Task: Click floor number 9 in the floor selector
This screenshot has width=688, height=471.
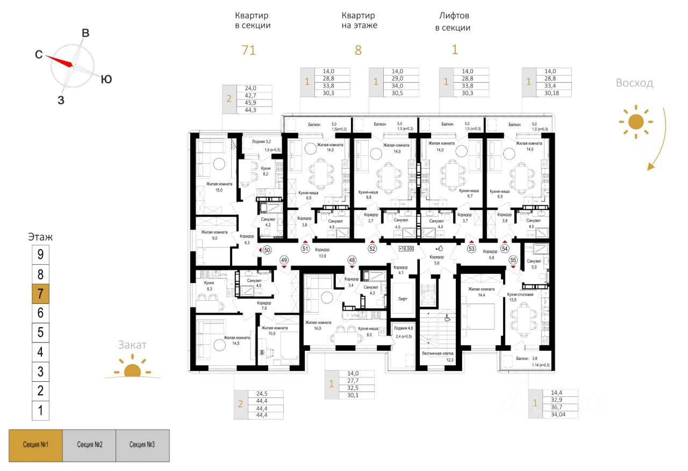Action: (x=40, y=254)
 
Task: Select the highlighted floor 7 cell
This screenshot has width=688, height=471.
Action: (x=40, y=293)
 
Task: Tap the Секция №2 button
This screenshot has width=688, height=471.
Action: (x=89, y=445)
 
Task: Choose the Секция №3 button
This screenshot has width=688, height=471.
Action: (x=142, y=445)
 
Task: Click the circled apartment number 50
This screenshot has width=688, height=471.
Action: (x=267, y=250)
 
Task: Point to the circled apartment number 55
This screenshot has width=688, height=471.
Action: (x=513, y=259)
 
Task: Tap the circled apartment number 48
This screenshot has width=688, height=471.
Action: (x=352, y=259)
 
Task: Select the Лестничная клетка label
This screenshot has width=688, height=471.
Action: (x=438, y=354)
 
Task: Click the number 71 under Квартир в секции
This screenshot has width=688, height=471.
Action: (x=248, y=50)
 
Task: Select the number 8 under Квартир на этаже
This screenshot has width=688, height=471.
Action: (x=358, y=50)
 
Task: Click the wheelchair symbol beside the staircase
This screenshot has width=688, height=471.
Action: (x=447, y=318)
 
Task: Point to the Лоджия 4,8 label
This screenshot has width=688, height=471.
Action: (x=403, y=328)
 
